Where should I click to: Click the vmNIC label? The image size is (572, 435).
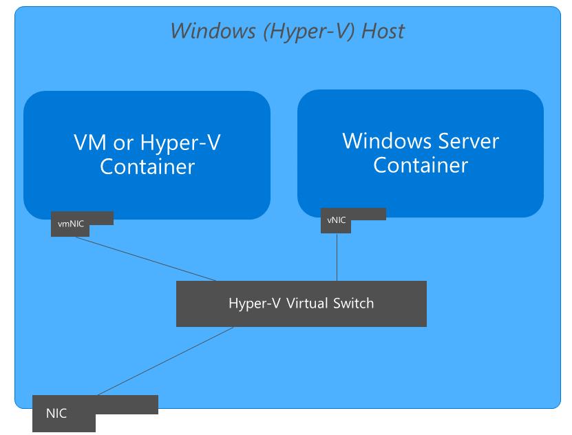71,223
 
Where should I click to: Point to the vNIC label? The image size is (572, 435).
337,220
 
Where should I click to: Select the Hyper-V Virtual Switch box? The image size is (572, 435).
301,304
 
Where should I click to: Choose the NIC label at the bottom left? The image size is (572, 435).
56,414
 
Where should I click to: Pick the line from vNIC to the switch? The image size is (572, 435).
337,257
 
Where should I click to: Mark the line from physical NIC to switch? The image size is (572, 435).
165,361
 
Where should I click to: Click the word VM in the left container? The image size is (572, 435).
87,142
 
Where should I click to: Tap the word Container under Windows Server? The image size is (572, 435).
421,165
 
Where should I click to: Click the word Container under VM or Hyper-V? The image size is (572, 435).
147,167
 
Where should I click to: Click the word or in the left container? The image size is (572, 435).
120,142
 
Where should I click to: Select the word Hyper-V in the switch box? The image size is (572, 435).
254,303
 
